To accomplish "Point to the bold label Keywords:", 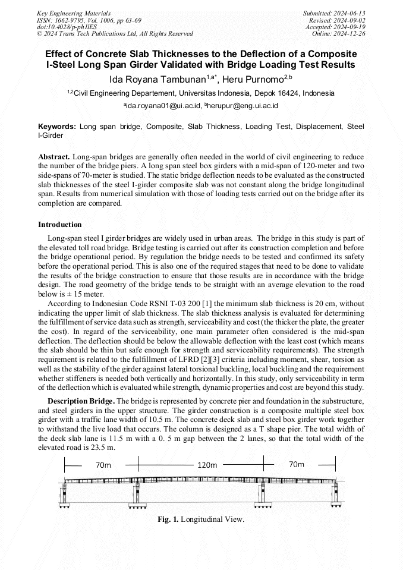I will pos(57,127).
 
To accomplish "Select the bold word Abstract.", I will pos(54,156).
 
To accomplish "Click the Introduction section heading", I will pos(60,225).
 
